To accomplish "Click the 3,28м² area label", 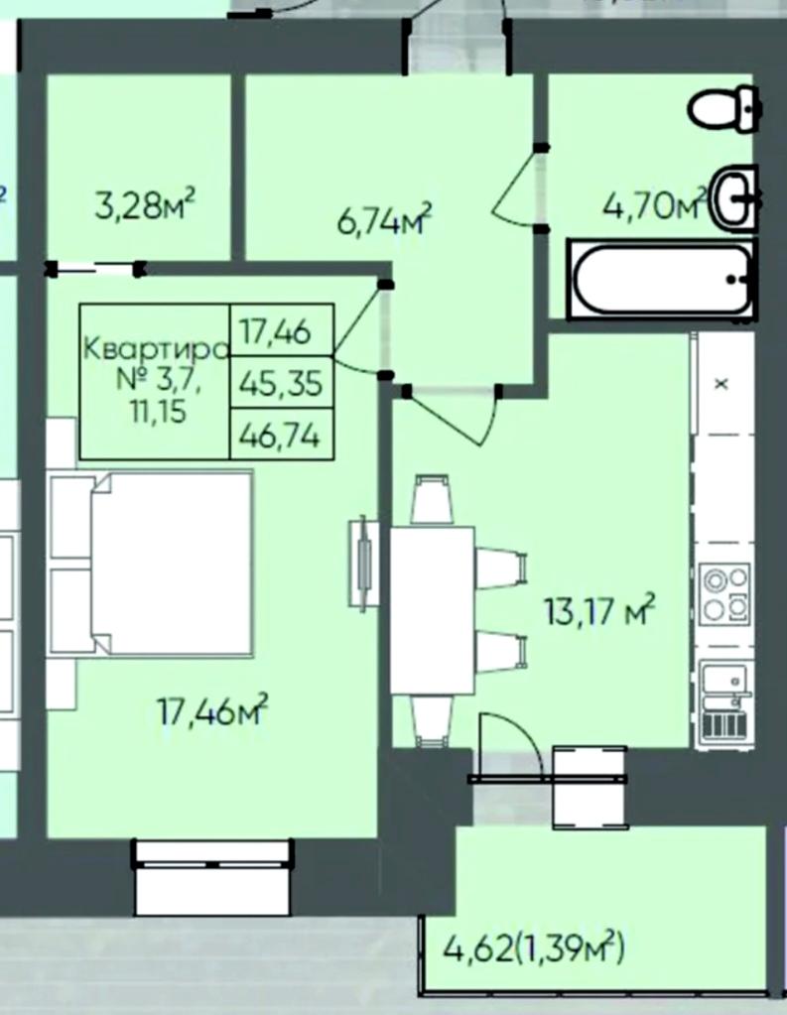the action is coord(145,205).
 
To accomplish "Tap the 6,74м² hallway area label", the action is coord(384,219).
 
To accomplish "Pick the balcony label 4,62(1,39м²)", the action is coord(534,949).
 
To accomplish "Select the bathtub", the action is coord(661,279).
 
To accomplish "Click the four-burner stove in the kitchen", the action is coord(724,593).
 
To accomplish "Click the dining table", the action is coord(433,610).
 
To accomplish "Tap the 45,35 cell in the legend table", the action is coord(281,383).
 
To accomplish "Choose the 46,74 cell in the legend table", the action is coord(281,435).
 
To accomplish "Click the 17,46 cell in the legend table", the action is coord(281,330).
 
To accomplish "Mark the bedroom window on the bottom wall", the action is coord(213,876).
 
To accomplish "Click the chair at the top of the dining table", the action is coord(432,500).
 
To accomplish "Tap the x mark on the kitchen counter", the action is coord(721,384).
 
